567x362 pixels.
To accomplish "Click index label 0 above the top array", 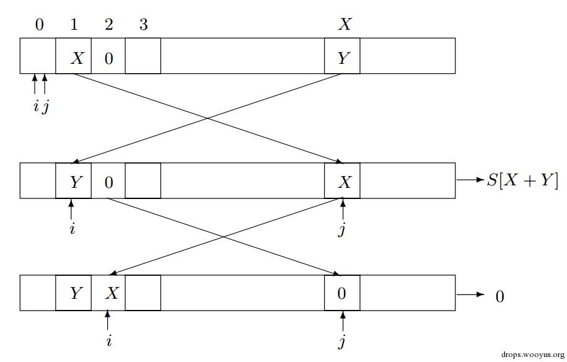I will pyautogui.click(x=40, y=25).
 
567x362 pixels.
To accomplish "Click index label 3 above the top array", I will pyautogui.click(x=143, y=25).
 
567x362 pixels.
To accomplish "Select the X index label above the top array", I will pyautogui.click(x=345, y=25).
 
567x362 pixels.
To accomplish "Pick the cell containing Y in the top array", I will pyautogui.click(x=342, y=58).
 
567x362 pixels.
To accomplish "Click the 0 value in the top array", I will pyautogui.click(x=109, y=59).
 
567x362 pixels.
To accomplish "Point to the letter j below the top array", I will pyautogui.click(x=45, y=107).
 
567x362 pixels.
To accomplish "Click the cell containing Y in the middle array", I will pyautogui.click(x=74, y=182).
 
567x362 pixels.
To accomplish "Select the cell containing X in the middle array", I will pyautogui.click(x=343, y=182).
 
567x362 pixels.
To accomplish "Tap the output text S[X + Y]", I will pyautogui.click(x=522, y=180).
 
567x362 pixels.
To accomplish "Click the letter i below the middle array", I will pyautogui.click(x=72, y=229).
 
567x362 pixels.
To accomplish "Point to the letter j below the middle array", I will pyautogui.click(x=341, y=230).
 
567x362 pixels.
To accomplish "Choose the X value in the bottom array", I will pyautogui.click(x=112, y=293).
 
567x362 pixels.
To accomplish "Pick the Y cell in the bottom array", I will pyautogui.click(x=75, y=293).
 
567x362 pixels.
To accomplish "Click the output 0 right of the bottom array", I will pyautogui.click(x=499, y=296).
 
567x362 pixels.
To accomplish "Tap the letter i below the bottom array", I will pyautogui.click(x=108, y=341).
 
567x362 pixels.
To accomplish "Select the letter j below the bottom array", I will pyautogui.click(x=342, y=342).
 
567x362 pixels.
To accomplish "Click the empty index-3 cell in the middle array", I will pyautogui.click(x=143, y=181).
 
